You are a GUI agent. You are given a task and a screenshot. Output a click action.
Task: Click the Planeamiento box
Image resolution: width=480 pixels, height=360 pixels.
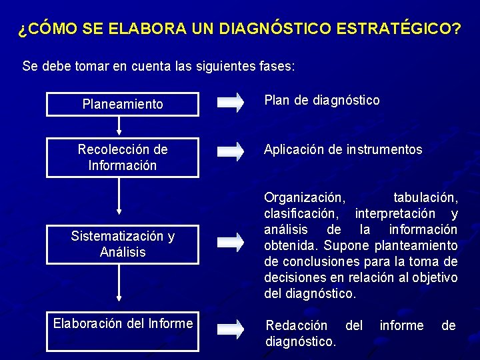click(122, 104)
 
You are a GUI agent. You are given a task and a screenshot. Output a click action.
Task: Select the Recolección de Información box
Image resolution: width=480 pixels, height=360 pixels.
click(122, 157)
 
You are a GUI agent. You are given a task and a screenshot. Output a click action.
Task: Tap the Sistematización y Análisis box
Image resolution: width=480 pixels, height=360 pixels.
click(122, 244)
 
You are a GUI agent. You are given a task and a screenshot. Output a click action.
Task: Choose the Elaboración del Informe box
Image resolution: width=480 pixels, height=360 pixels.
click(122, 331)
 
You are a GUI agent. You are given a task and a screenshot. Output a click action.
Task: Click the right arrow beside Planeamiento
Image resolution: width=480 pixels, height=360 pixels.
click(231, 102)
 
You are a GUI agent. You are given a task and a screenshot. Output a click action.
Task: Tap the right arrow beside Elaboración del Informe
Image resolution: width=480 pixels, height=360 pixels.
click(231, 327)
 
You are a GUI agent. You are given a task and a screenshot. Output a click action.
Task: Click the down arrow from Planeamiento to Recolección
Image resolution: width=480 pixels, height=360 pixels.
click(119, 125)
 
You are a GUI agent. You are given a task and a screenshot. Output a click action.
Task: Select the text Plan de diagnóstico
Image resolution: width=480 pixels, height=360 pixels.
click(322, 101)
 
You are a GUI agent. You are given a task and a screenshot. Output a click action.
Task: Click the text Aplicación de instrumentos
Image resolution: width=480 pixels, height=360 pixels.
click(343, 150)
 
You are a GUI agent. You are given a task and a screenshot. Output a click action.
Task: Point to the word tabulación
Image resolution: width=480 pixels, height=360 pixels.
click(425, 198)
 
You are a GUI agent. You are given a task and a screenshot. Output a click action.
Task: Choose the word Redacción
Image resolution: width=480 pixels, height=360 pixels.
click(297, 325)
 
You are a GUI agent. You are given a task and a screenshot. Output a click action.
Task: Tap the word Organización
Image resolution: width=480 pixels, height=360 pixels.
click(305, 198)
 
